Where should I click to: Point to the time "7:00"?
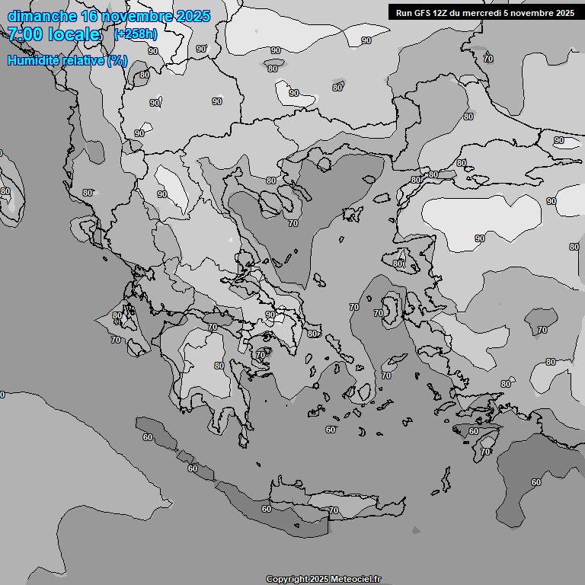point(24,34)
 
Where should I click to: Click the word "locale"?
point(74,34)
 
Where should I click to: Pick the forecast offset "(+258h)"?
point(136,34)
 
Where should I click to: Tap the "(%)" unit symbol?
point(117,61)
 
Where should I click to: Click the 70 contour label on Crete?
point(333,510)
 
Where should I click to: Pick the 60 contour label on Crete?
point(267,509)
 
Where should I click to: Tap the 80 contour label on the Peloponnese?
point(219,366)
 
